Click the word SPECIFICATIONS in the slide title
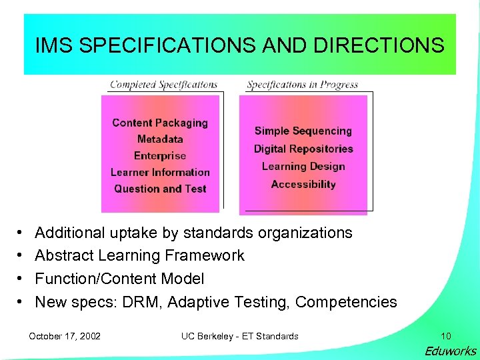point(163,46)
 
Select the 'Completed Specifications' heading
point(163,85)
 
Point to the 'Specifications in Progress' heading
point(302,85)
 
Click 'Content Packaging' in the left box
point(160,123)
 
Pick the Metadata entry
point(160,139)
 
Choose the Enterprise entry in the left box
point(160,156)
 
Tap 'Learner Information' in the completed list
point(160,173)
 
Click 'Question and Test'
point(160,189)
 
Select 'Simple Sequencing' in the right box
point(303,131)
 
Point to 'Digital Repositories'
point(303,149)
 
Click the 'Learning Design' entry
point(303,167)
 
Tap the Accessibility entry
point(303,184)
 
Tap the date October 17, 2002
point(65,336)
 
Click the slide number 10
point(445,336)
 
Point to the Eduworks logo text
point(451,351)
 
